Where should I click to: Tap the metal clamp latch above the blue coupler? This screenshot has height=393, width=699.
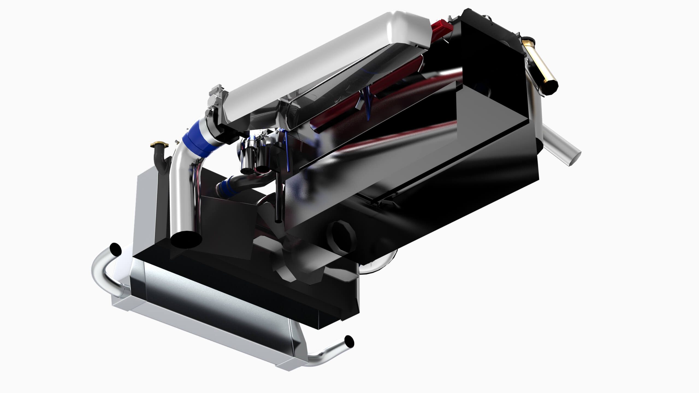tap(217, 93)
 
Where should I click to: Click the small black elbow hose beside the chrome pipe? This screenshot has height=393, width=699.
tap(161, 158)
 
